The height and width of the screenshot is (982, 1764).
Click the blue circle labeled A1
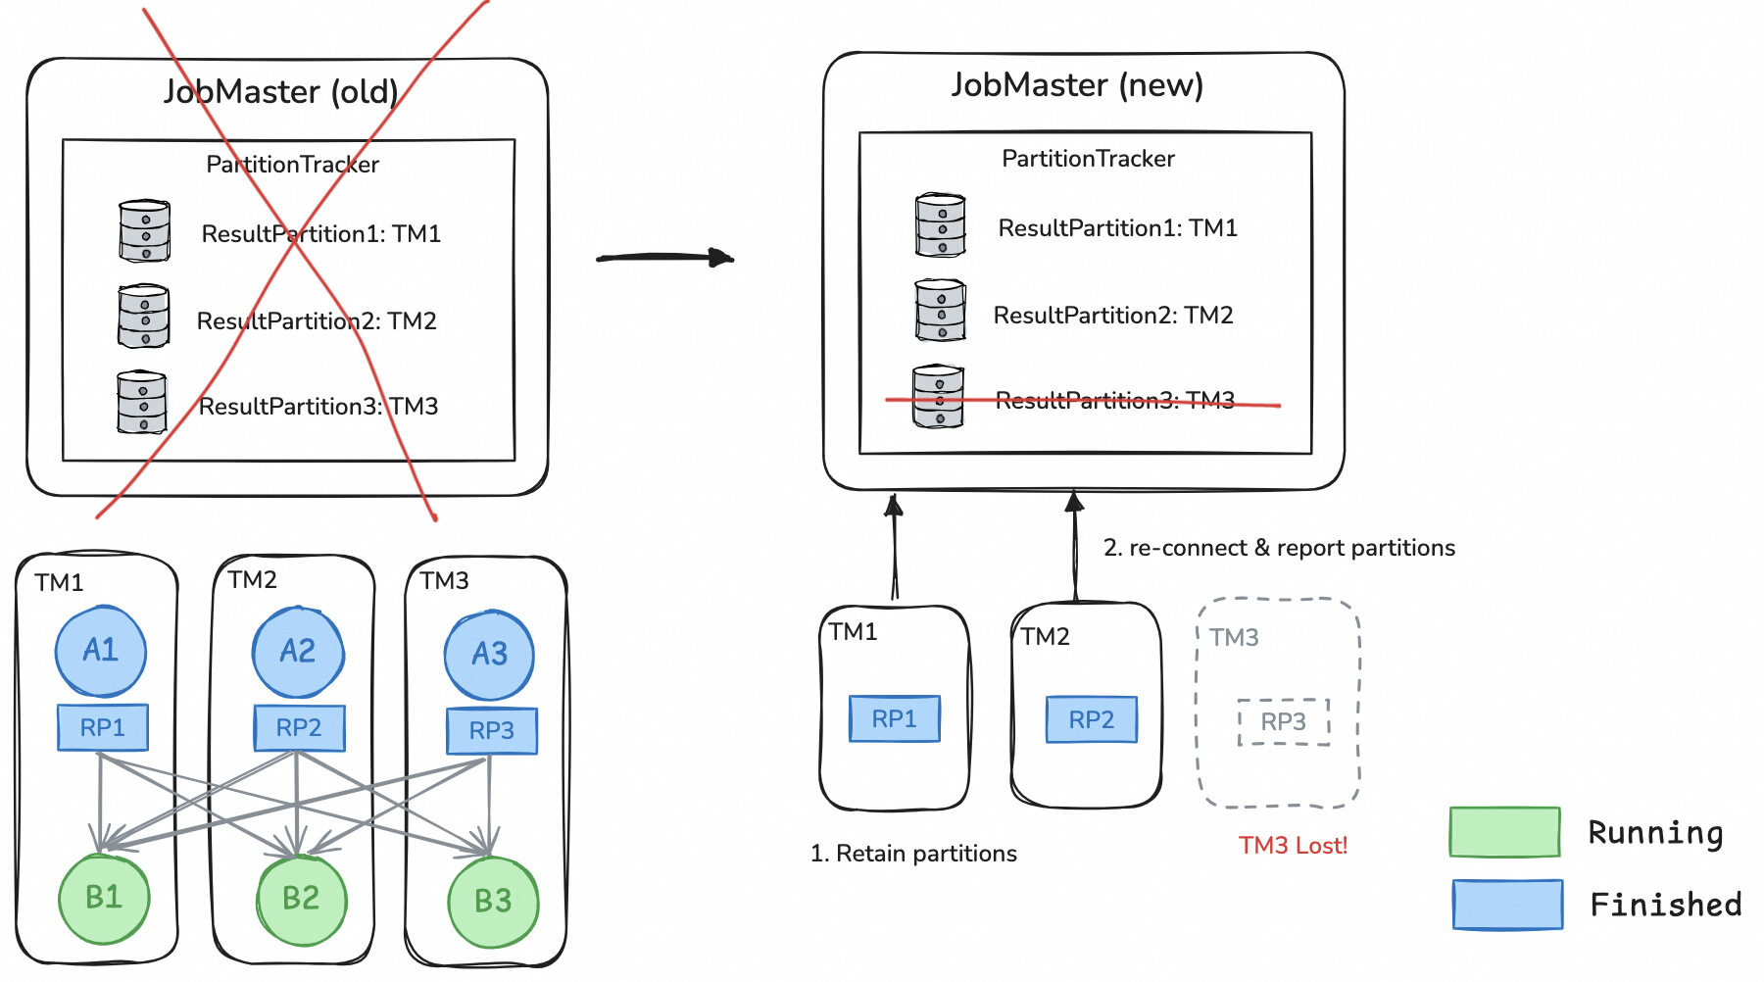[x=101, y=651]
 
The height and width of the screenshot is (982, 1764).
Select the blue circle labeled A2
[x=298, y=652]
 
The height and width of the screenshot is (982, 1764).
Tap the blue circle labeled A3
[x=489, y=655]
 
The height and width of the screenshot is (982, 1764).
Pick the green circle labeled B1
[x=104, y=898]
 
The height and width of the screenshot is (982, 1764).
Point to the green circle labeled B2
[x=301, y=899]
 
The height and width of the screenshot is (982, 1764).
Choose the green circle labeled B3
[x=493, y=902]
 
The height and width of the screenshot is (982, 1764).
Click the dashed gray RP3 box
[x=1284, y=722]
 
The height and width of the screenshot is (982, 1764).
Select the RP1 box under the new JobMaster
[x=895, y=719]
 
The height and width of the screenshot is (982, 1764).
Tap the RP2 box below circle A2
[x=299, y=728]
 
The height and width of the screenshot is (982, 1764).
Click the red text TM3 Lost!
[x=1293, y=846]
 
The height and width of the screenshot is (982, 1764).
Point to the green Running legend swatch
[x=1504, y=832]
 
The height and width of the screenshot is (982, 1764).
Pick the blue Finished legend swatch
[x=1507, y=904]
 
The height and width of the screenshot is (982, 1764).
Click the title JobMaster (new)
[x=1077, y=85]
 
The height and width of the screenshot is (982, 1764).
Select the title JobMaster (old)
[x=280, y=92]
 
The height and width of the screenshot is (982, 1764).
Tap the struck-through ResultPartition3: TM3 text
[x=1115, y=400]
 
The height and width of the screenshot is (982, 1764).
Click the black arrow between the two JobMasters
[x=665, y=258]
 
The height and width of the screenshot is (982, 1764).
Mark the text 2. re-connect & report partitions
[x=1279, y=548]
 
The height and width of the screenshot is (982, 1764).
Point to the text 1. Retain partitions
[x=913, y=854]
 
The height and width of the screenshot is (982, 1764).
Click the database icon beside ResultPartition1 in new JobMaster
[x=940, y=225]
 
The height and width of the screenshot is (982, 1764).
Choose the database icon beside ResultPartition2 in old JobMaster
[x=143, y=316]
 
